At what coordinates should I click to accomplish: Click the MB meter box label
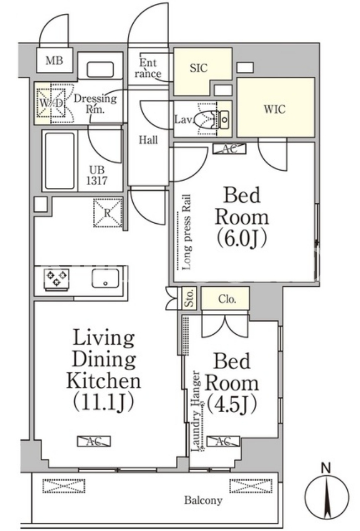(54, 61)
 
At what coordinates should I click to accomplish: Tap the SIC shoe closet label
(199, 68)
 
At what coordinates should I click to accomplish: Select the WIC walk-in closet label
(275, 109)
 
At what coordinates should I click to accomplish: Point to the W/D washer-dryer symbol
(51, 103)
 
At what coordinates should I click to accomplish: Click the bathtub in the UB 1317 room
(59, 161)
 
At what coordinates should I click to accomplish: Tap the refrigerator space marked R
(107, 212)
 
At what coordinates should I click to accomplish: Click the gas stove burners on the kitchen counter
(56, 278)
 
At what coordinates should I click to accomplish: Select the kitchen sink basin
(105, 278)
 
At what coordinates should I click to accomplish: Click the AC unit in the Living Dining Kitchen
(94, 441)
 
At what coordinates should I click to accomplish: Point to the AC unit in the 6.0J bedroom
(229, 149)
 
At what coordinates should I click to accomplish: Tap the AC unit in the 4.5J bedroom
(223, 441)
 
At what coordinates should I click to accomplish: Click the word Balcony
(204, 500)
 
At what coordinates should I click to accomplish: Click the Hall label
(148, 140)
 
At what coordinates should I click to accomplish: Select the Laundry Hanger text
(197, 411)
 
